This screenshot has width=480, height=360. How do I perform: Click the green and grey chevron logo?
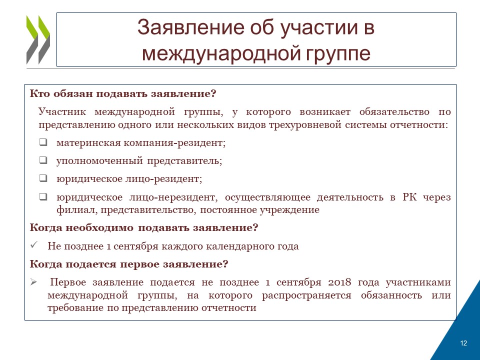pos(38,40)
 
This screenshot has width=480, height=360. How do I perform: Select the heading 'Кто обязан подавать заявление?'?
pos(123,93)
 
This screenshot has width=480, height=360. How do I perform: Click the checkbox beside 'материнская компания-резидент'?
pos(43,142)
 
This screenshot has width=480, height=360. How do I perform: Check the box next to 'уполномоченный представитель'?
pos(43,160)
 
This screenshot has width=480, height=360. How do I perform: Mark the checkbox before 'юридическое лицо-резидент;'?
pos(43,178)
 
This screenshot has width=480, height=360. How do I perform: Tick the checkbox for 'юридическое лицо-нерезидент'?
pos(43,196)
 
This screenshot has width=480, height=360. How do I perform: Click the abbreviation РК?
pos(409,197)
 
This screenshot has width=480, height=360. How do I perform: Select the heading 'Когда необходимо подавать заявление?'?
pos(144,228)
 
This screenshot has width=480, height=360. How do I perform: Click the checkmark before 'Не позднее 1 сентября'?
pos(34,245)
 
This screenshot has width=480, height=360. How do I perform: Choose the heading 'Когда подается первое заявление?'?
pos(129,264)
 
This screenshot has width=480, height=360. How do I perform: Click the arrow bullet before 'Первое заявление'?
pos(33,282)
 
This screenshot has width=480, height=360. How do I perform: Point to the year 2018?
pos(339,282)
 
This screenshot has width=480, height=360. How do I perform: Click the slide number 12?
pos(463,343)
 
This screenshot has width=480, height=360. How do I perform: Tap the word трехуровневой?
pos(305,125)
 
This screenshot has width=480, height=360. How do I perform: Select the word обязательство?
pos(394,112)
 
